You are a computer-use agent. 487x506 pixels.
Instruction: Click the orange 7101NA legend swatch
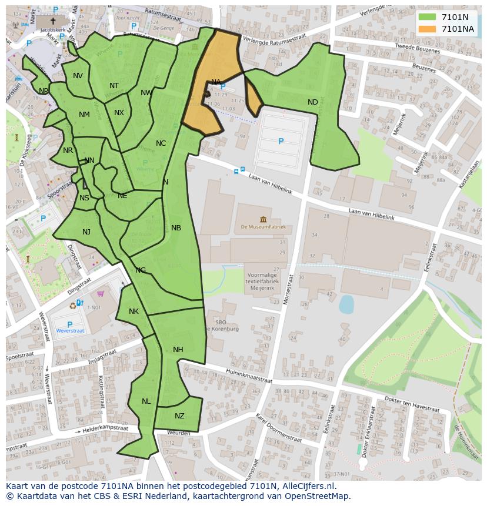pyautogui.click(x=428, y=29)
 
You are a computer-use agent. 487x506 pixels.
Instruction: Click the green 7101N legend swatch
pyautogui.click(x=428, y=17)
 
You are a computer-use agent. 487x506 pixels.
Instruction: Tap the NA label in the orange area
pyautogui.click(x=216, y=82)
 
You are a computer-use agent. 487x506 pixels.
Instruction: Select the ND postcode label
pyautogui.click(x=312, y=102)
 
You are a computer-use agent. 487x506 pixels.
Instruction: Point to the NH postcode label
pyautogui.click(x=178, y=350)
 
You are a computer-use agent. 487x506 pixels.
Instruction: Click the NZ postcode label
pyautogui.click(x=179, y=416)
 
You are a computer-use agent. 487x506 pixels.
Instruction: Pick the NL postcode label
pyautogui.click(x=146, y=401)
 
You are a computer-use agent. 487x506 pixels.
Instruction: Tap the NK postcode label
pyautogui.click(x=134, y=311)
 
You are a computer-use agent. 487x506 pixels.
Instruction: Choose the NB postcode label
pyautogui.click(x=176, y=228)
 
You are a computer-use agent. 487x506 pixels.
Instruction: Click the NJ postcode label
pyautogui.click(x=86, y=232)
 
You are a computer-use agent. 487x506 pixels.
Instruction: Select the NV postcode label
pyautogui.click(x=78, y=76)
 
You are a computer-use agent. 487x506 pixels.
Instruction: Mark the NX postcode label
pyautogui.click(x=119, y=113)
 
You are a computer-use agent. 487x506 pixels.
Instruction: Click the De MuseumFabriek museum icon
pyautogui.click(x=262, y=219)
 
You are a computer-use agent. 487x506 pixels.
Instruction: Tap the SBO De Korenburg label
pyautogui.click(x=226, y=326)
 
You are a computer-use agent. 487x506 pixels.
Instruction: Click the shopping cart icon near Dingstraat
pyautogui.click(x=101, y=294)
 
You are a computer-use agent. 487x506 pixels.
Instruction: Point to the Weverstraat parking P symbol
pyautogui.click(x=70, y=324)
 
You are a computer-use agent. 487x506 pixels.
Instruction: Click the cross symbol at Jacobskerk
pyautogui.click(x=53, y=21)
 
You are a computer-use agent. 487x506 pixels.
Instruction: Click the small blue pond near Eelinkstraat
pyautogui.click(x=346, y=304)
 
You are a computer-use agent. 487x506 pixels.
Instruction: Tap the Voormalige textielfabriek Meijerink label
pyautogui.click(x=253, y=279)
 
